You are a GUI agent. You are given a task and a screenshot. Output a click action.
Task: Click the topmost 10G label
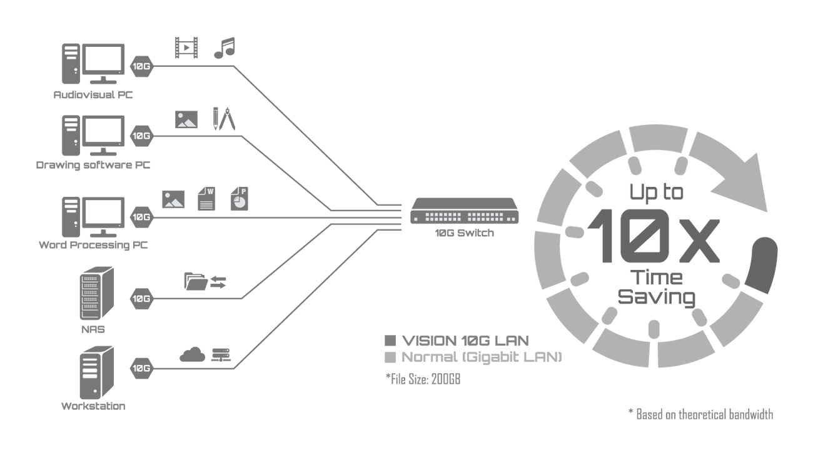pos(141,66)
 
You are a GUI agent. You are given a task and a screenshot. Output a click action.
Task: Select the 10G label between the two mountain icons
pos(141,136)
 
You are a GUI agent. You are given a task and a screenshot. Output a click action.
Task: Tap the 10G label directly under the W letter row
pos(141,217)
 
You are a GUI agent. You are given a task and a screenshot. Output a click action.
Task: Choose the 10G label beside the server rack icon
pos(141,299)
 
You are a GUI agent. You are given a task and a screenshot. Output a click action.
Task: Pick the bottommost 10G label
pos(141,368)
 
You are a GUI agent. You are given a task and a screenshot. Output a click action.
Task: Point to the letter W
pos(210,191)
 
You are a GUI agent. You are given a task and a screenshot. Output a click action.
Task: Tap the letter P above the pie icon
pos(243,191)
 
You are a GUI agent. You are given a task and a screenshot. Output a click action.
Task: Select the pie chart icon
pos(240,202)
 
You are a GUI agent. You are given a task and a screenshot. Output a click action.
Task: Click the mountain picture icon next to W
pos(173,201)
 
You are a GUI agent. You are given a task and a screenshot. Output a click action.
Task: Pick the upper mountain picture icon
pos(186,121)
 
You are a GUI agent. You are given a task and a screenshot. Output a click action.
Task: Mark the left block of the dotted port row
pos(443,217)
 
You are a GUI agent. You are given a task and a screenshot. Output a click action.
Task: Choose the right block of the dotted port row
pos(485,217)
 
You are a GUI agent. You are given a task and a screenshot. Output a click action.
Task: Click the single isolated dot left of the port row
pos(416,219)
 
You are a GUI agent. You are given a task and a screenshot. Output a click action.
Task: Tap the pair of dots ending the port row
pos(511,219)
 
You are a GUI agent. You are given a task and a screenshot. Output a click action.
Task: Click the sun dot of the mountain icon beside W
pos(168,195)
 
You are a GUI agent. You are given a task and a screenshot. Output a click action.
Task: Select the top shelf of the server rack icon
pos(91,277)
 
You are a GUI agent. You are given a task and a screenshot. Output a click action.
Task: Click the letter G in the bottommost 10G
pos(147,368)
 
